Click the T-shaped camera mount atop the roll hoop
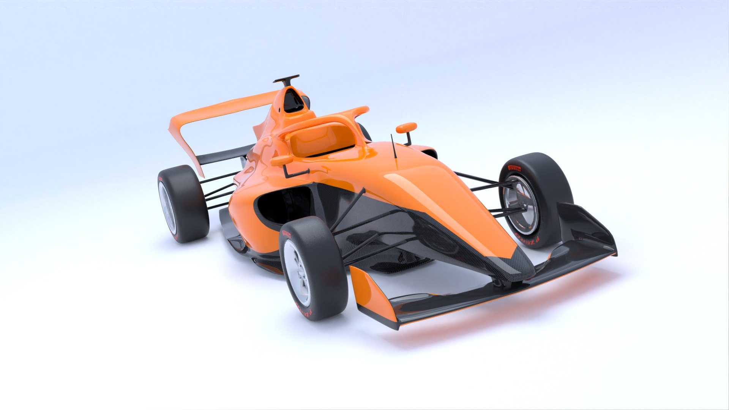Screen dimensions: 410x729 click(287, 80)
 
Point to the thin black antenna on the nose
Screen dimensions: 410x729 click(394, 150)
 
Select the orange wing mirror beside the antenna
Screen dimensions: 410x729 click(406, 128)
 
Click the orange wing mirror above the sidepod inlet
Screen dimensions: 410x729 click(281, 161)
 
